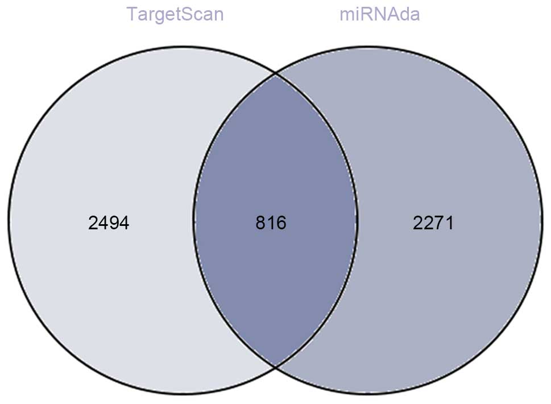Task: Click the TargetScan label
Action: coord(175,14)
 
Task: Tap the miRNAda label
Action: coord(379,14)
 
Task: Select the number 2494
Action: coord(109,223)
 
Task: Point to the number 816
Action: coord(271,223)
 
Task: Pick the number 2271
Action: coord(433,223)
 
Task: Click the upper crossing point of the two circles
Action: coord(276,73)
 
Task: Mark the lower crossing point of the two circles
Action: coord(276,367)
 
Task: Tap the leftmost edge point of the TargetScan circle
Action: coord(8,220)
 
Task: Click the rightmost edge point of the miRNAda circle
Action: coord(542,220)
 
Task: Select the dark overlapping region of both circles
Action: coord(276,171)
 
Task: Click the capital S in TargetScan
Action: coord(184,14)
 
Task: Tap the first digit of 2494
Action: coord(94,223)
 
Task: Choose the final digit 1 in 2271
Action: coord(449,223)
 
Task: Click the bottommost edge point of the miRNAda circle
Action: coord(367,394)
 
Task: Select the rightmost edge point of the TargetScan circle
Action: coord(358,220)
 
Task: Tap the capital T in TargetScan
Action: coord(132,14)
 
